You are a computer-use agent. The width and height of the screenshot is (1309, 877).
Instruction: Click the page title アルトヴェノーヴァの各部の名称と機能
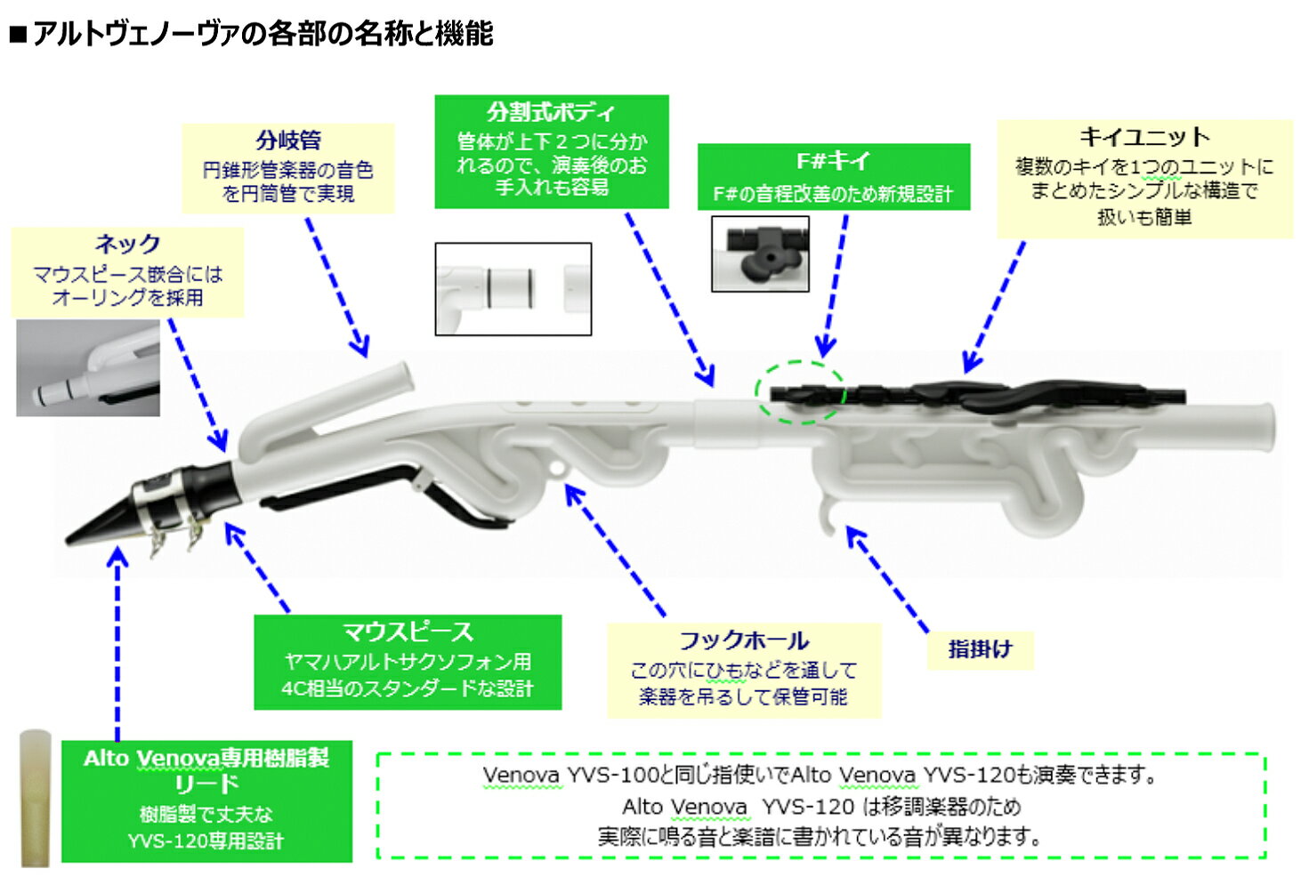pyautogui.click(x=262, y=34)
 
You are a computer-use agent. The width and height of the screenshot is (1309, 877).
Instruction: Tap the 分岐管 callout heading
pyautogui.click(x=287, y=141)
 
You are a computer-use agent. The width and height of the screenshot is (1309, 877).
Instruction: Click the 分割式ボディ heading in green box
pyautogui.click(x=551, y=113)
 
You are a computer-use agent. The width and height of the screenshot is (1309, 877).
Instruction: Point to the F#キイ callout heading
pyautogui.click(x=833, y=161)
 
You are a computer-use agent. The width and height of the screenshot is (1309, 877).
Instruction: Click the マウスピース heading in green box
pyautogui.click(x=408, y=632)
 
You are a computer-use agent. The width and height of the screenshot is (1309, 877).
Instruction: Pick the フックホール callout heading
pyautogui.click(x=744, y=640)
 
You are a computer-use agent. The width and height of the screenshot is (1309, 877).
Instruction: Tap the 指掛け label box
pyautogui.click(x=980, y=649)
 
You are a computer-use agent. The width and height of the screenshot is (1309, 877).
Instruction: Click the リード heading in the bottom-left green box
pyautogui.click(x=206, y=784)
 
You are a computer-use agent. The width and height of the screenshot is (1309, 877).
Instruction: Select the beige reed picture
pyautogui.click(x=36, y=797)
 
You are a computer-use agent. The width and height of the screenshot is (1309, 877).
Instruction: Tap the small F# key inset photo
pyautogui.click(x=760, y=253)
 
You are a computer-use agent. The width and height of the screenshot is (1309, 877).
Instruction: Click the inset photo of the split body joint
pyautogui.click(x=513, y=289)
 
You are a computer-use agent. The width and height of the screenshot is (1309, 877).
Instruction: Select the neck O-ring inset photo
pyautogui.click(x=87, y=368)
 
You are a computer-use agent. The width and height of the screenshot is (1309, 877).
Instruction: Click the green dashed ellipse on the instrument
pyautogui.click(x=800, y=392)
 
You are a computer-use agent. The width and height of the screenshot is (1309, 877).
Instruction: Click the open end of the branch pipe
pyautogui.click(x=405, y=376)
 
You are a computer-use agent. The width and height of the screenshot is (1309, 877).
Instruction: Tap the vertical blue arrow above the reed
pyautogui.click(x=117, y=640)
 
